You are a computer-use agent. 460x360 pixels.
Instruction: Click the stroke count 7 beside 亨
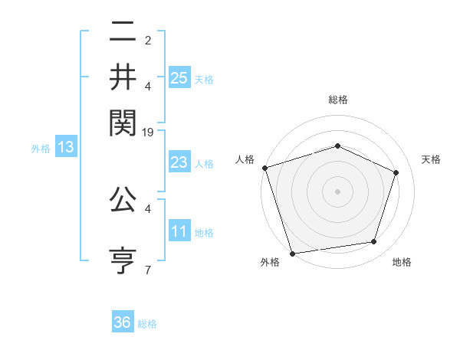[x=147, y=270]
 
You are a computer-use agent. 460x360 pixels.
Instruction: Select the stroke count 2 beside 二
[x=147, y=40]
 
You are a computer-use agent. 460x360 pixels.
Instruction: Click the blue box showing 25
[x=179, y=78]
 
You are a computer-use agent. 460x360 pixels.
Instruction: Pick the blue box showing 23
[x=179, y=162]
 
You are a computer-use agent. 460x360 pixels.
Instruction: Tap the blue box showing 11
[x=179, y=231]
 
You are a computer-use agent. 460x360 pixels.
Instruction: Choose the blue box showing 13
[x=65, y=148]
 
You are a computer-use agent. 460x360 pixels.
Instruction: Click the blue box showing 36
[x=123, y=322]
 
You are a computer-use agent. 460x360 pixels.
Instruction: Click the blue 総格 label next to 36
[x=147, y=324]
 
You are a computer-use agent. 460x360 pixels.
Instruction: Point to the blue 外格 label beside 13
[x=40, y=149]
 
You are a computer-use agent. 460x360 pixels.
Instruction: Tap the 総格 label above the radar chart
[x=337, y=100]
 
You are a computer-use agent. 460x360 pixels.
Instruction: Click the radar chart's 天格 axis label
[x=431, y=159]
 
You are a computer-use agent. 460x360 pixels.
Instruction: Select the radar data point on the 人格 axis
[x=264, y=168]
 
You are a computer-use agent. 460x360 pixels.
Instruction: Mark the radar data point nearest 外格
[x=293, y=252]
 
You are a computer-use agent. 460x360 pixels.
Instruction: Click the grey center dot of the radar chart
[x=337, y=191]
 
